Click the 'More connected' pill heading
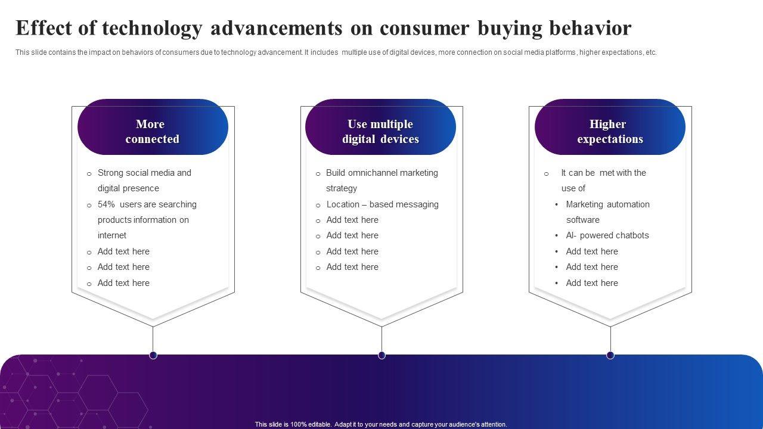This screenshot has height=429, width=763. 153,127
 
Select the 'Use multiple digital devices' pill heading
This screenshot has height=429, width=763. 380,127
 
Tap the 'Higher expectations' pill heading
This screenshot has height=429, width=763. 610,127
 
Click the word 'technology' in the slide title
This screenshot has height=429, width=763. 152,29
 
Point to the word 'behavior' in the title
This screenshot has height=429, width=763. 590,28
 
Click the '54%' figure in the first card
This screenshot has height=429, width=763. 106,204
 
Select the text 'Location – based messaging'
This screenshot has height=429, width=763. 383,204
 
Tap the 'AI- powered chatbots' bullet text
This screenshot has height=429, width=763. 607,235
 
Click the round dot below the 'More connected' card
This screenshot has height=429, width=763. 153,355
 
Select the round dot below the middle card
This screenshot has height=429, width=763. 382,355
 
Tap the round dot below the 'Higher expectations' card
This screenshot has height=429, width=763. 610,355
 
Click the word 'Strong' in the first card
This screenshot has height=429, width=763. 111,173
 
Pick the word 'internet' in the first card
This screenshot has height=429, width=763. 111,235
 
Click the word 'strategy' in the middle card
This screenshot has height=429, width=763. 342,189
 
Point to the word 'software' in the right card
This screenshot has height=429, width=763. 583,220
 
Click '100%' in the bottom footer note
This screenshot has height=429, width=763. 298,424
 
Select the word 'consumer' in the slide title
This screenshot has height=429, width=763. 424,29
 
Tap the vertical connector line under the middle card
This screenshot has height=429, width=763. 382,339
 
